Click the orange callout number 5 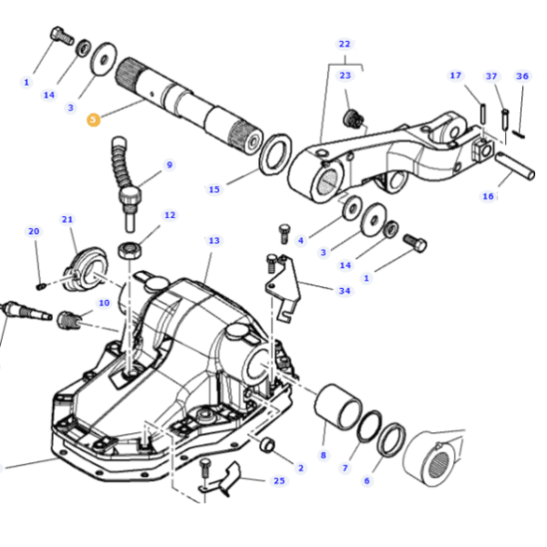click(x=93, y=119)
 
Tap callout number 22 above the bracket click(x=345, y=45)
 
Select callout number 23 click(x=345, y=76)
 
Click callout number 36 click(x=521, y=76)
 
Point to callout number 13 click(x=214, y=241)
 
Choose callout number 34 click(x=345, y=291)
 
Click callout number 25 click(x=279, y=480)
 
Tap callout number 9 click(x=170, y=165)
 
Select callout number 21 click(x=67, y=220)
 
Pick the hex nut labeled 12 click(x=129, y=250)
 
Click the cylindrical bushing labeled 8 click(x=337, y=406)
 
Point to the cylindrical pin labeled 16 click(x=515, y=166)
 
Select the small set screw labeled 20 click(x=41, y=286)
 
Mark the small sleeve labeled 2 click(x=267, y=445)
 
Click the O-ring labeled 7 click(x=369, y=427)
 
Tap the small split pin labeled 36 click(x=519, y=134)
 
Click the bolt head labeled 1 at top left click(x=62, y=36)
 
